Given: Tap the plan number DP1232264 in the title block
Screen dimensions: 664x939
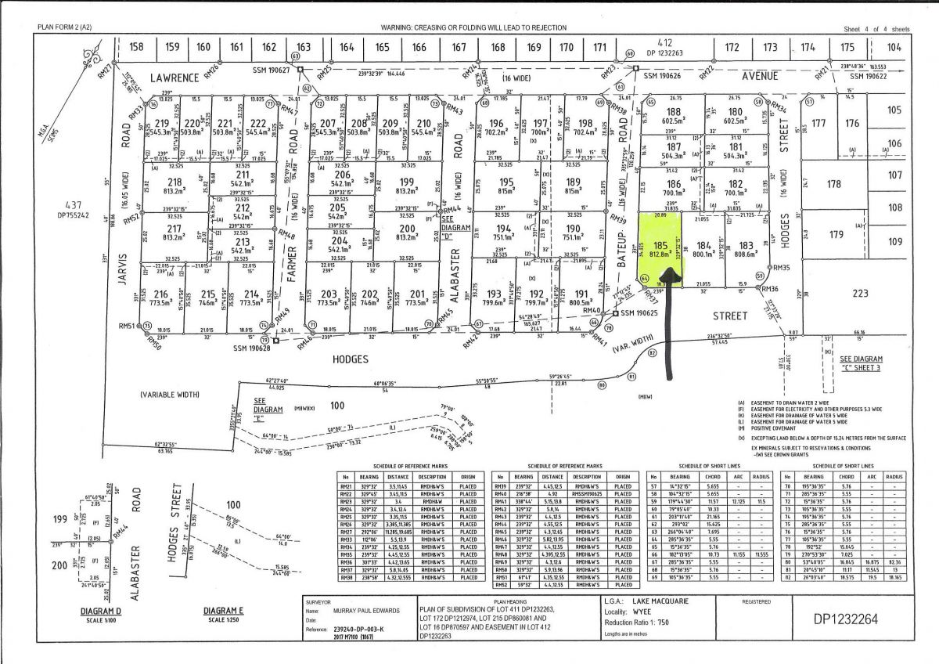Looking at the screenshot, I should point(846,619).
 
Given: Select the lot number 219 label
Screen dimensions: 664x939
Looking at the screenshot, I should point(162,124).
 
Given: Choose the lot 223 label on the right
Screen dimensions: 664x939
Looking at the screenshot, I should point(861,293).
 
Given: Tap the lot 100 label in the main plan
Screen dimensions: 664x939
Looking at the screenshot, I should point(337,405).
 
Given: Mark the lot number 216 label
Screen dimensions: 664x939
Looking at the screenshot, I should point(160,294).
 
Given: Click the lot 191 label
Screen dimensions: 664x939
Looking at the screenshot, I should point(580,294).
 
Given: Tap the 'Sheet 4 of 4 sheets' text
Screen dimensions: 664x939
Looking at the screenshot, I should point(876,29).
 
